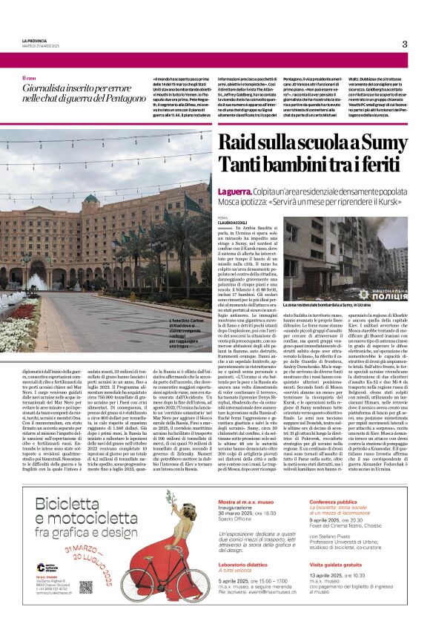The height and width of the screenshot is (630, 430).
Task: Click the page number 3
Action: click(x=405, y=44)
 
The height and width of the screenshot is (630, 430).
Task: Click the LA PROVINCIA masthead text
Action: click(x=34, y=40)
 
